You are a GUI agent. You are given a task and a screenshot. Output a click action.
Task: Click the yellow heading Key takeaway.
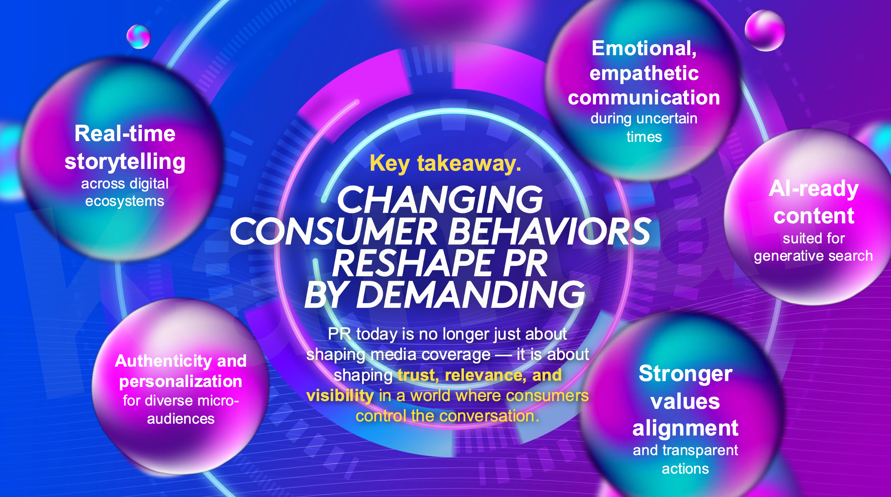point(445,163)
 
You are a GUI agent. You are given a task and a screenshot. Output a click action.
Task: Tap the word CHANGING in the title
point(440,200)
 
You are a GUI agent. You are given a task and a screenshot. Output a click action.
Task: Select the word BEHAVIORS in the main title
point(550,232)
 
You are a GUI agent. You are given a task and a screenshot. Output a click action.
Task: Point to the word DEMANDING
point(470,295)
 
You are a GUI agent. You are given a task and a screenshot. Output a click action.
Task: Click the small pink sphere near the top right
point(765,31)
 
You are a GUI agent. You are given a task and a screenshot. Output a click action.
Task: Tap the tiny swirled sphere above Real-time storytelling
point(139,37)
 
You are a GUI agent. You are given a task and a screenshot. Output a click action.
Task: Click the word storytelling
point(125,162)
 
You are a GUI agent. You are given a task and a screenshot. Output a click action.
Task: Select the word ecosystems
point(124,201)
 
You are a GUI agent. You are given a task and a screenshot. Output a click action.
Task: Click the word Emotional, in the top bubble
point(644,49)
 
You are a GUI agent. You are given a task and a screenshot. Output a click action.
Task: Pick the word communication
point(644,98)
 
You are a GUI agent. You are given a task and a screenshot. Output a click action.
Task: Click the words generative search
point(813,256)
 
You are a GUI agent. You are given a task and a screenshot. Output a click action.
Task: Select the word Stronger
point(685,373)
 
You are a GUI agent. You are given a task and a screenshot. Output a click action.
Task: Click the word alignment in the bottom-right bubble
point(685,428)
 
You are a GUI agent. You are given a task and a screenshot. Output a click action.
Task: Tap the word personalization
point(180,381)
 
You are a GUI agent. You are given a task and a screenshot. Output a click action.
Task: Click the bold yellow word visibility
point(340,396)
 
